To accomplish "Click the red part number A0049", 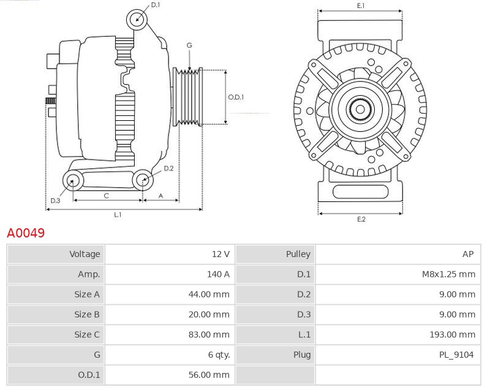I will coord(26,233).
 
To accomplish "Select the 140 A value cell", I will coord(218,274).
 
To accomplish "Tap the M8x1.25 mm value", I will coord(448,274).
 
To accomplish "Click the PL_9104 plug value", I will coord(456,355).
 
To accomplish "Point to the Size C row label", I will coord(86,334).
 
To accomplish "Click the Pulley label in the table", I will coord(298,253).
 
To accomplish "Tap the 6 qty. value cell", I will coord(219,355).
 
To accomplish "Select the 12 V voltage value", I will coord(220,253).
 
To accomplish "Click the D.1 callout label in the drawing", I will coord(156,5).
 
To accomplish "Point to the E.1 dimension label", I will coord(361,6).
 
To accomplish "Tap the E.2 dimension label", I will coord(361,220).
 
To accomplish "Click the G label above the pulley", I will coord(189,45).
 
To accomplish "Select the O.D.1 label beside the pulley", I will coord(236,97).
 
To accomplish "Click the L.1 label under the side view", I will coord(118,215).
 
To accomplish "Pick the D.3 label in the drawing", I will coord(55,201).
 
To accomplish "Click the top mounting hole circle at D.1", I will coord(137,20).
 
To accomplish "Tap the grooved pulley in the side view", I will coord(189,96).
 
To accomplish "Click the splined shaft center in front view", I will coord(360,110).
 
